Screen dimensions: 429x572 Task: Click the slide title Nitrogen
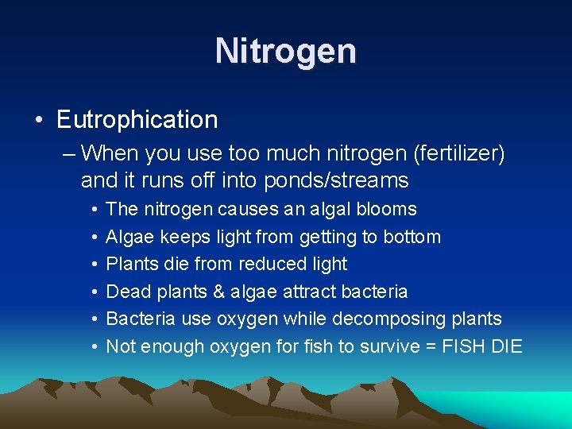(x=286, y=52)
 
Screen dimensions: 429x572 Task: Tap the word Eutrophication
(x=137, y=120)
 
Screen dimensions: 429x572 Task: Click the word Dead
(x=126, y=292)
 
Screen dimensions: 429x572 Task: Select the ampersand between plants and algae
(x=218, y=292)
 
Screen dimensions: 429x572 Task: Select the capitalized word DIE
(x=507, y=346)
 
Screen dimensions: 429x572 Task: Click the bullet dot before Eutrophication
(x=38, y=121)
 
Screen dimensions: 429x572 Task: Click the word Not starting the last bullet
(x=121, y=346)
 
